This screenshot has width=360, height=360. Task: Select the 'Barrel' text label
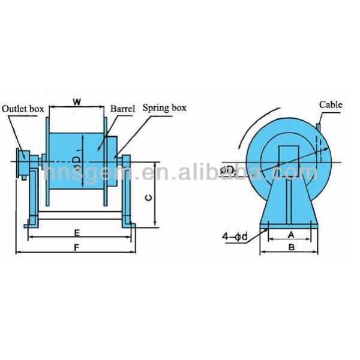click(x=122, y=109)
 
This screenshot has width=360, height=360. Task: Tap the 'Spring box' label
click(x=164, y=109)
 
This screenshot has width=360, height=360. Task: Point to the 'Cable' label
click(x=330, y=104)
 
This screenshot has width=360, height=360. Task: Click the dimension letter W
click(x=77, y=101)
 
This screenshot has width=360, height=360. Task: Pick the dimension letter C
click(x=149, y=196)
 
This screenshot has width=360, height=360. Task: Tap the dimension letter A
click(x=290, y=235)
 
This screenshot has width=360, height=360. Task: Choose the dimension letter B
click(x=290, y=247)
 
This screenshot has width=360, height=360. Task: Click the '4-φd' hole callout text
click(x=234, y=237)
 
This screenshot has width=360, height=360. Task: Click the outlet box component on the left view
click(x=24, y=160)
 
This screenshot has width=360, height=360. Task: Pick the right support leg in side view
click(x=127, y=192)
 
